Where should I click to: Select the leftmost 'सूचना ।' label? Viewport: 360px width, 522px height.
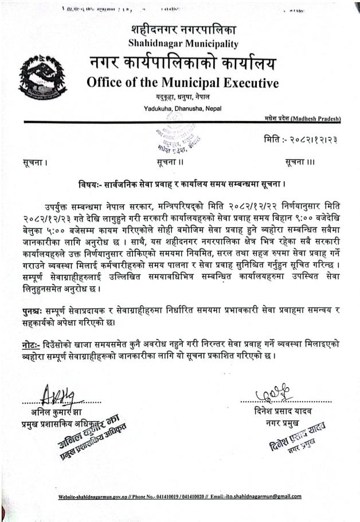click(33, 163)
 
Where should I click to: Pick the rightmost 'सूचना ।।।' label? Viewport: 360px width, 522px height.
click(300, 163)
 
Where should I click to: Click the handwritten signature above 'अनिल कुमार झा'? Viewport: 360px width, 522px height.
click(59, 395)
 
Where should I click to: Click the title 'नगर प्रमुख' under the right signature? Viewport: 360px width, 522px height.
click(279, 424)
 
